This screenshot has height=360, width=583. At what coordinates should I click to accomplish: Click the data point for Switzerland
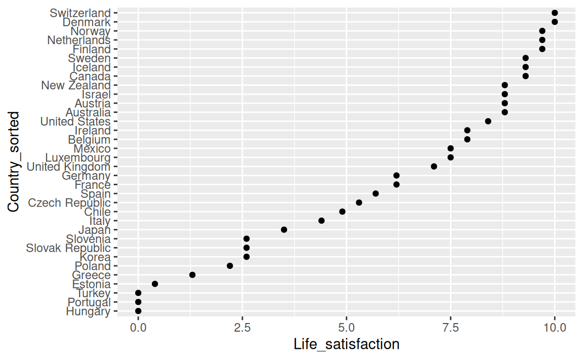555,13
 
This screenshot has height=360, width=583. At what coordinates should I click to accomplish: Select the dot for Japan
284,230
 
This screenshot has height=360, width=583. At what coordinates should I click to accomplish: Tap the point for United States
488,122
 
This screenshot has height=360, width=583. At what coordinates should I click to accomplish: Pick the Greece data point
192,275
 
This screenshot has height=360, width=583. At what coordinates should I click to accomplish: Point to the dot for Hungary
138,311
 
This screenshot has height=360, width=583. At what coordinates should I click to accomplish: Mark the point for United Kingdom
434,167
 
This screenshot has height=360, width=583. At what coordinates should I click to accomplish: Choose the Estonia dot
155,284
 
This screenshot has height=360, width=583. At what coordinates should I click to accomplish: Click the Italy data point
321,221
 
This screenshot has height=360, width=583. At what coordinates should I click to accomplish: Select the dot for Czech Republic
359,203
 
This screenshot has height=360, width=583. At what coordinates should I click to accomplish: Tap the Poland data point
230,266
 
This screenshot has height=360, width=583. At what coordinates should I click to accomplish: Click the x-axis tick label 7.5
450,328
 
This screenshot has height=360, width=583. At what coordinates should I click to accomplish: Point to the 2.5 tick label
242,328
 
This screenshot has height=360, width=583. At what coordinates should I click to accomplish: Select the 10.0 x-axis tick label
555,328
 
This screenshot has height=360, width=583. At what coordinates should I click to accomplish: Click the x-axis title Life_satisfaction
347,345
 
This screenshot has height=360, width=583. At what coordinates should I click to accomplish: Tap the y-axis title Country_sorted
14,162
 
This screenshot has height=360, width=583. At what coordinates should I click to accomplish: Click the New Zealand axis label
75,86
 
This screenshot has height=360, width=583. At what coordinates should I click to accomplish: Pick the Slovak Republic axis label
68,248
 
